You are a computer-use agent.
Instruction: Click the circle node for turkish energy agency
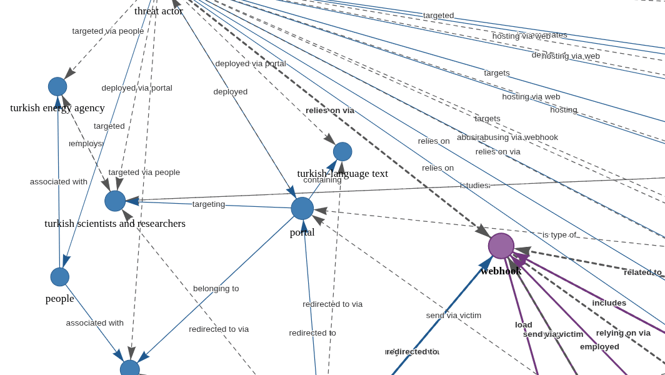click(57, 87)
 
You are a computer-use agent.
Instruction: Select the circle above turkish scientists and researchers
click(115, 201)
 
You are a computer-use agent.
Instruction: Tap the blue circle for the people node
click(60, 277)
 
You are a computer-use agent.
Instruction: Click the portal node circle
click(302, 209)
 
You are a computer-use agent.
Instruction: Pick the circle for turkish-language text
click(342, 152)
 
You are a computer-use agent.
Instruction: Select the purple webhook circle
click(501, 246)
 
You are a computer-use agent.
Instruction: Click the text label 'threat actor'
click(159, 11)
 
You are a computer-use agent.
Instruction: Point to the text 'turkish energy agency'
click(57, 107)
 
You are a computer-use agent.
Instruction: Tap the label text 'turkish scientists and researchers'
click(115, 223)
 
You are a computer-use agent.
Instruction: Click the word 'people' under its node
click(60, 298)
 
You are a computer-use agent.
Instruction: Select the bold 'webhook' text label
click(501, 271)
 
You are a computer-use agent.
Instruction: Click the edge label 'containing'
click(322, 180)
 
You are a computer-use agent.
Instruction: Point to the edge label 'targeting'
click(209, 204)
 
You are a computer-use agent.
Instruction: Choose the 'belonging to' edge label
click(216, 288)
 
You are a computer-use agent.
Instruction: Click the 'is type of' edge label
click(559, 234)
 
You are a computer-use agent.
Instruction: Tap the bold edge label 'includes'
click(609, 302)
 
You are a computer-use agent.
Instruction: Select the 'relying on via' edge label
click(623, 332)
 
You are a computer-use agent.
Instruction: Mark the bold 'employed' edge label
click(599, 346)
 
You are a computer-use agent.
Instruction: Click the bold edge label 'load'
click(524, 324)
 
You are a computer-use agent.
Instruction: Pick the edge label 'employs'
click(86, 143)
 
